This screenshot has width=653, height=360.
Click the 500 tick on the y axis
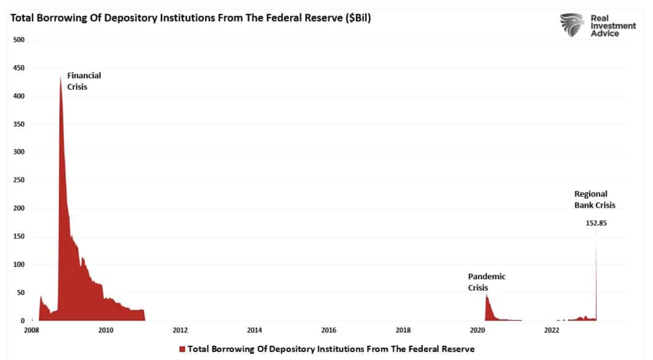pos(19,40)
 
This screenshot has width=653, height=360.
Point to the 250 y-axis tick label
pos(19,180)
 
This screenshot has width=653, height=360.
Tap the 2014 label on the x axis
pos(254,330)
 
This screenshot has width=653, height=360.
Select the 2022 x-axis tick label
pos(552,330)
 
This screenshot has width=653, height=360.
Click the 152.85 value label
pos(596,223)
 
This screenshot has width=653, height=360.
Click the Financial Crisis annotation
pos(84,81)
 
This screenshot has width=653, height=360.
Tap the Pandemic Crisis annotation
pos(486,282)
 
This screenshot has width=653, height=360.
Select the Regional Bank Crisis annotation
pos(594,199)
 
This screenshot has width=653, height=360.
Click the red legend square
pos(182,349)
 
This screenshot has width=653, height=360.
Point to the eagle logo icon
pos(572,25)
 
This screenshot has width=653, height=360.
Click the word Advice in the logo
pos(605,34)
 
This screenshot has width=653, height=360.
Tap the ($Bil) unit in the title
pos(358,18)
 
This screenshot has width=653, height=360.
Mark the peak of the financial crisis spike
pos(61,76)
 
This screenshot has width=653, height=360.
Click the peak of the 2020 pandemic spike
pos(487,295)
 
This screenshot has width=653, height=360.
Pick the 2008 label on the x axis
pos(32,330)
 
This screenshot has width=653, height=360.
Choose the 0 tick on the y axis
pos(23,321)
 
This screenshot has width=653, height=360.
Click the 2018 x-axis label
pos(403,330)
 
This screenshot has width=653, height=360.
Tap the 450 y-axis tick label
pos(19,68)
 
